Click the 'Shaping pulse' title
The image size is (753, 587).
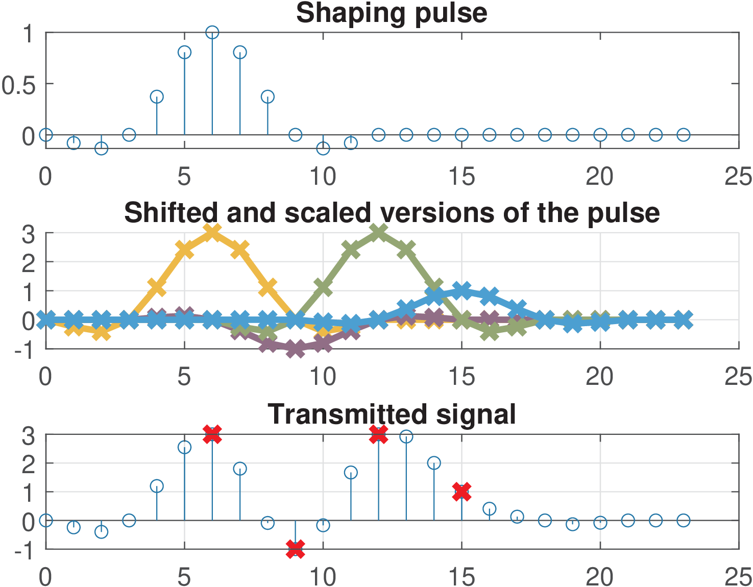tap(392, 13)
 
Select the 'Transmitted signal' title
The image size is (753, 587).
tap(392, 414)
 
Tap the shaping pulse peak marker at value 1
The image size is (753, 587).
tap(212, 33)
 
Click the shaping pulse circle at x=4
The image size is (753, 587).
tap(157, 96)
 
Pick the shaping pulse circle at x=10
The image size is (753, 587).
tap(323, 149)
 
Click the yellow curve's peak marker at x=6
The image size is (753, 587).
tap(212, 233)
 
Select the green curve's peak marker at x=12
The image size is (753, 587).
tap(378, 233)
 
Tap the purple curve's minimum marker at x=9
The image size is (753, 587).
tap(295, 349)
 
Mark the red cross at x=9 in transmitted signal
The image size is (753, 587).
tap(295, 549)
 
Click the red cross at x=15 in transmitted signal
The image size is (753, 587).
tap(461, 492)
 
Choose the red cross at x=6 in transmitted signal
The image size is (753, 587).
tap(212, 434)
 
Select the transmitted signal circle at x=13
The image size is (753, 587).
tap(406, 436)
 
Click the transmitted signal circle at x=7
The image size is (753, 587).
tap(240, 469)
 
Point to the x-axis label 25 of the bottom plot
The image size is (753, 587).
tap(738, 577)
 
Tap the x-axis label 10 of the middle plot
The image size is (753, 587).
tap(323, 377)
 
